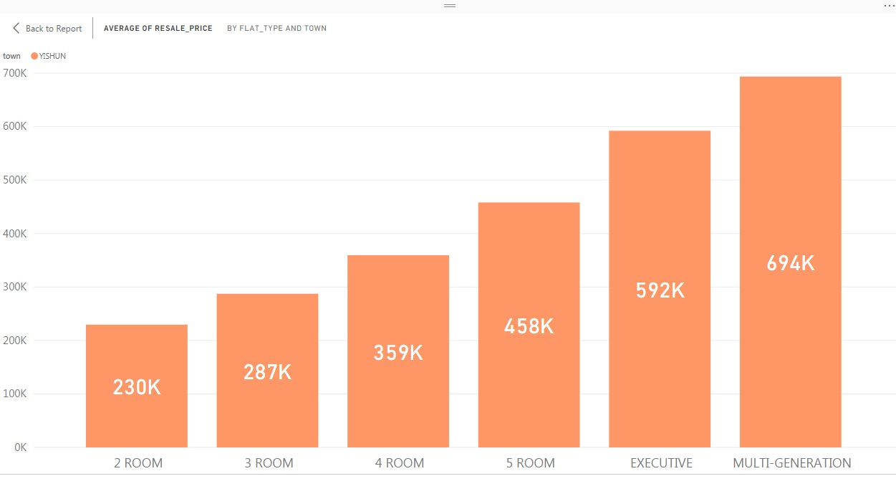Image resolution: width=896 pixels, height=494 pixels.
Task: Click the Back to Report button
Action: pyautogui.click(x=47, y=29)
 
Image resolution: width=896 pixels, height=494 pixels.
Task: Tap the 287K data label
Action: pyautogui.click(x=267, y=372)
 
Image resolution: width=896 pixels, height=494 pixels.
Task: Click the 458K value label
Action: pyautogui.click(x=529, y=326)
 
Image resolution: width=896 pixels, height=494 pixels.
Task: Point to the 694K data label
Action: pyautogui.click(x=791, y=264)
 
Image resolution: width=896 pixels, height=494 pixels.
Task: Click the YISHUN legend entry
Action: pyautogui.click(x=52, y=56)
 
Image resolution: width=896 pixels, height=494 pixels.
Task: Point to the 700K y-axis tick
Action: pyautogui.click(x=15, y=73)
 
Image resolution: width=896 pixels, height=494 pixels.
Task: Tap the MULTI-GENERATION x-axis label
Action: pyautogui.click(x=791, y=463)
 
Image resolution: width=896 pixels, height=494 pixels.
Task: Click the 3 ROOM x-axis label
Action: pyautogui.click(x=269, y=463)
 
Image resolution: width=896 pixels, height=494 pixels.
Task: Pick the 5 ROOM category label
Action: pyautogui.click(x=530, y=463)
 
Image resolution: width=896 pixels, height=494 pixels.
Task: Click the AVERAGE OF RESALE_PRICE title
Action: pyautogui.click(x=158, y=29)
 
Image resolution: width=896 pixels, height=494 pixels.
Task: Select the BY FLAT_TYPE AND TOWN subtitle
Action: pyautogui.click(x=276, y=29)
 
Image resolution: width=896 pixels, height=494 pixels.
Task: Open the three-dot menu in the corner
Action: pyautogui.click(x=889, y=6)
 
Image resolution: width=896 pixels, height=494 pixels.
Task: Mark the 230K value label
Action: pyautogui.click(x=137, y=387)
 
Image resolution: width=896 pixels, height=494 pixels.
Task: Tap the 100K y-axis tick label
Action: pyautogui.click(x=15, y=394)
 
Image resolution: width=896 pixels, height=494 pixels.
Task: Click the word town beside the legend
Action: pyautogui.click(x=11, y=56)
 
